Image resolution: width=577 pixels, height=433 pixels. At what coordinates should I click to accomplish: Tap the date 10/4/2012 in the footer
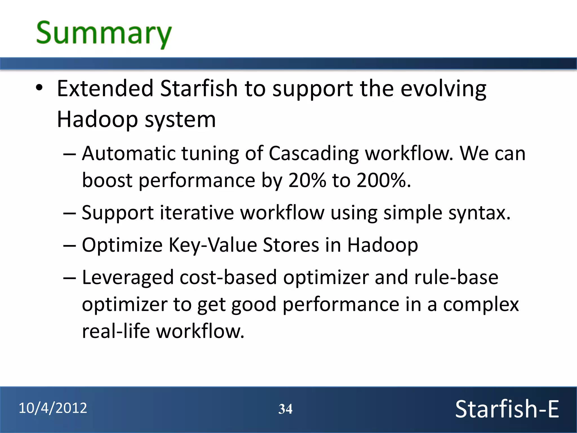click(x=53, y=408)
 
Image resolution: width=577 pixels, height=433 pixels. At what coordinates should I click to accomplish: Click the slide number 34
click(x=285, y=409)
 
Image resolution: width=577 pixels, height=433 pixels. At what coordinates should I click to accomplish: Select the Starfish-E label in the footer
click(x=507, y=409)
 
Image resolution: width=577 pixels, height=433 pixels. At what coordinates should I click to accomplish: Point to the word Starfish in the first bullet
click(x=199, y=89)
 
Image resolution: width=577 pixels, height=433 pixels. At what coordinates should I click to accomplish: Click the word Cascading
click(x=314, y=154)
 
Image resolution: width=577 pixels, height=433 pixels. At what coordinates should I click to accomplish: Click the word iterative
click(x=197, y=213)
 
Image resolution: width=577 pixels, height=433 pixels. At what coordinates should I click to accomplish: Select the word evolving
click(x=443, y=89)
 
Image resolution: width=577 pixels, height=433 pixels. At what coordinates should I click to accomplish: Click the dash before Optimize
click(x=70, y=245)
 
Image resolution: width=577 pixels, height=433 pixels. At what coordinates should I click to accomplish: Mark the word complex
click(x=481, y=305)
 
